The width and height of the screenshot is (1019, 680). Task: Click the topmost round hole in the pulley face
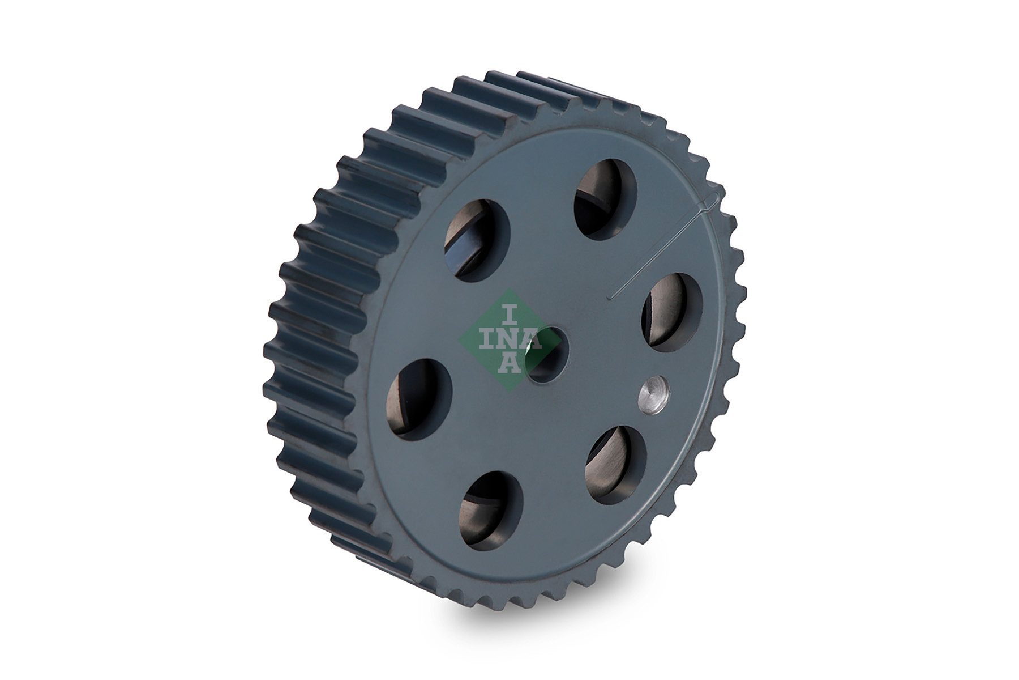click(x=605, y=198)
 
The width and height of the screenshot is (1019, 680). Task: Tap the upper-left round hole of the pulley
click(x=478, y=240)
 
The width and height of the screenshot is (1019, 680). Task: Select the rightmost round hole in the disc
click(x=672, y=312)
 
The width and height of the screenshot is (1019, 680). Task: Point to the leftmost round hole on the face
click(x=419, y=399)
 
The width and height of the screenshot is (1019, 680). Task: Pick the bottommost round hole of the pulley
click(x=491, y=509)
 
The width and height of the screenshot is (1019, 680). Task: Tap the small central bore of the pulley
click(x=542, y=354)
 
